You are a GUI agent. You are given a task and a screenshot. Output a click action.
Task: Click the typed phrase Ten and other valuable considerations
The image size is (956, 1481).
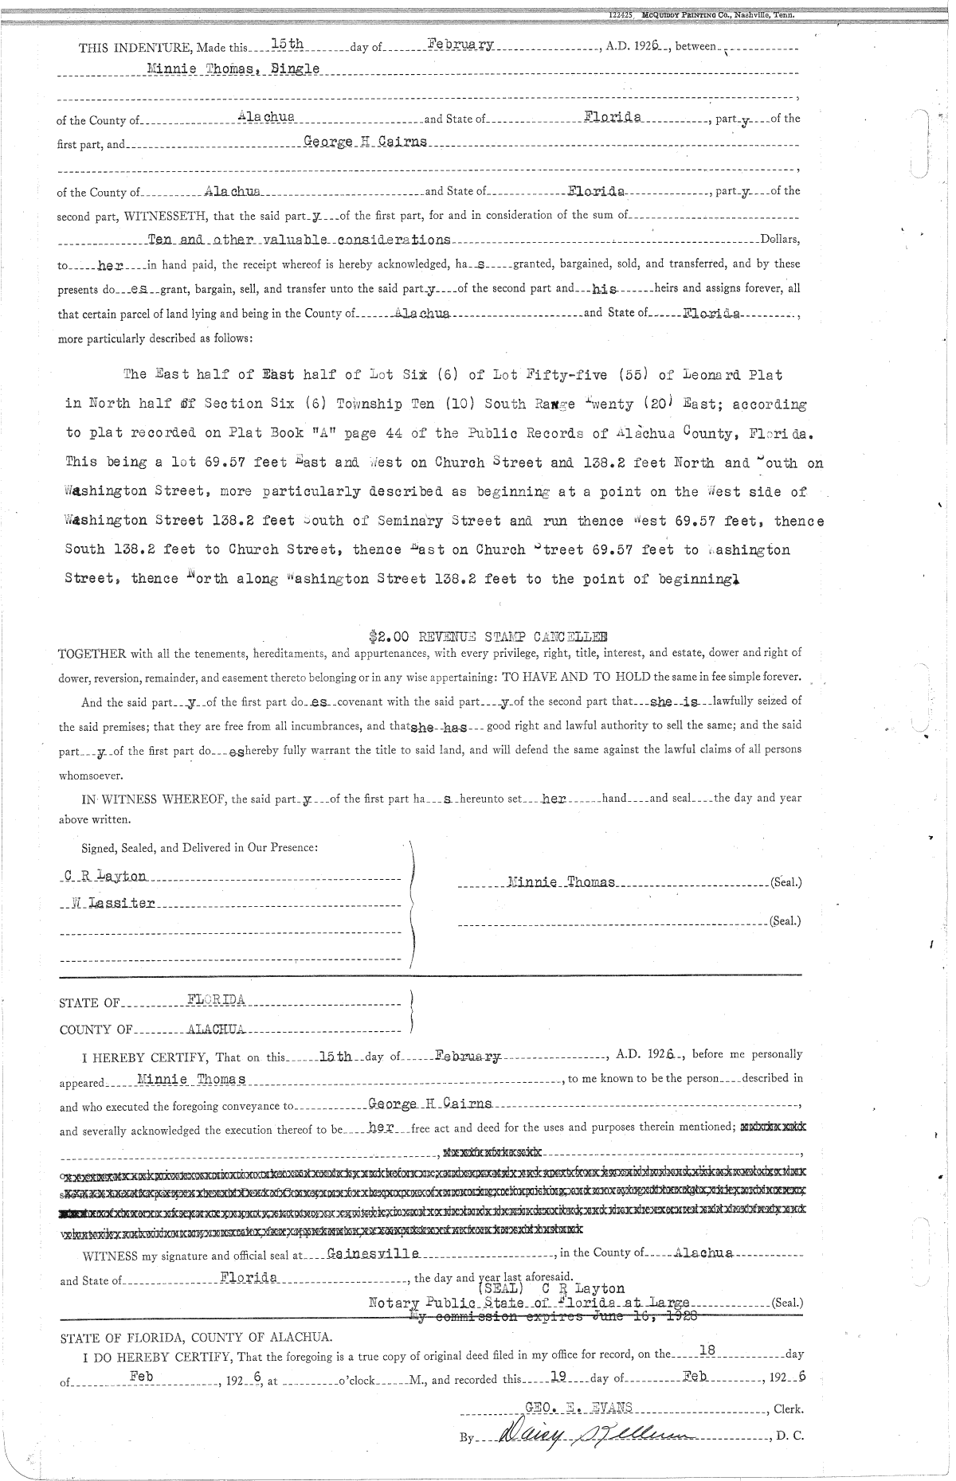click(300, 239)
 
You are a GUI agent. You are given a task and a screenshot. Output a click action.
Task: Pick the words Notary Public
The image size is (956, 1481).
click(420, 1303)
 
